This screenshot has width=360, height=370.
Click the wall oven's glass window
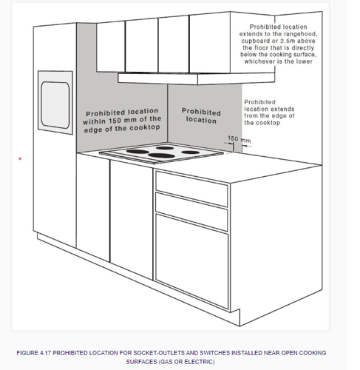tap(55, 105)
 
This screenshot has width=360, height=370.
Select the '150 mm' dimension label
tap(240, 139)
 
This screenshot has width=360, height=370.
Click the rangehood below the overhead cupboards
tap(197, 78)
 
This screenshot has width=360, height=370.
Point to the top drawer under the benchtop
tap(191, 189)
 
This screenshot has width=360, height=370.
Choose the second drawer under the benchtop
tap(191, 212)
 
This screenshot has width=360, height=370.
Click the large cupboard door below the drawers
tap(192, 261)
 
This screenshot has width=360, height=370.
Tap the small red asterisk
tap(20, 159)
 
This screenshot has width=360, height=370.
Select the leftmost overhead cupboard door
tap(111, 47)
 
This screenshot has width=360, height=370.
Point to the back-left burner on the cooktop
tap(137, 152)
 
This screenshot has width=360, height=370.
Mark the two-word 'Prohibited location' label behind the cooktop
tap(201, 115)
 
